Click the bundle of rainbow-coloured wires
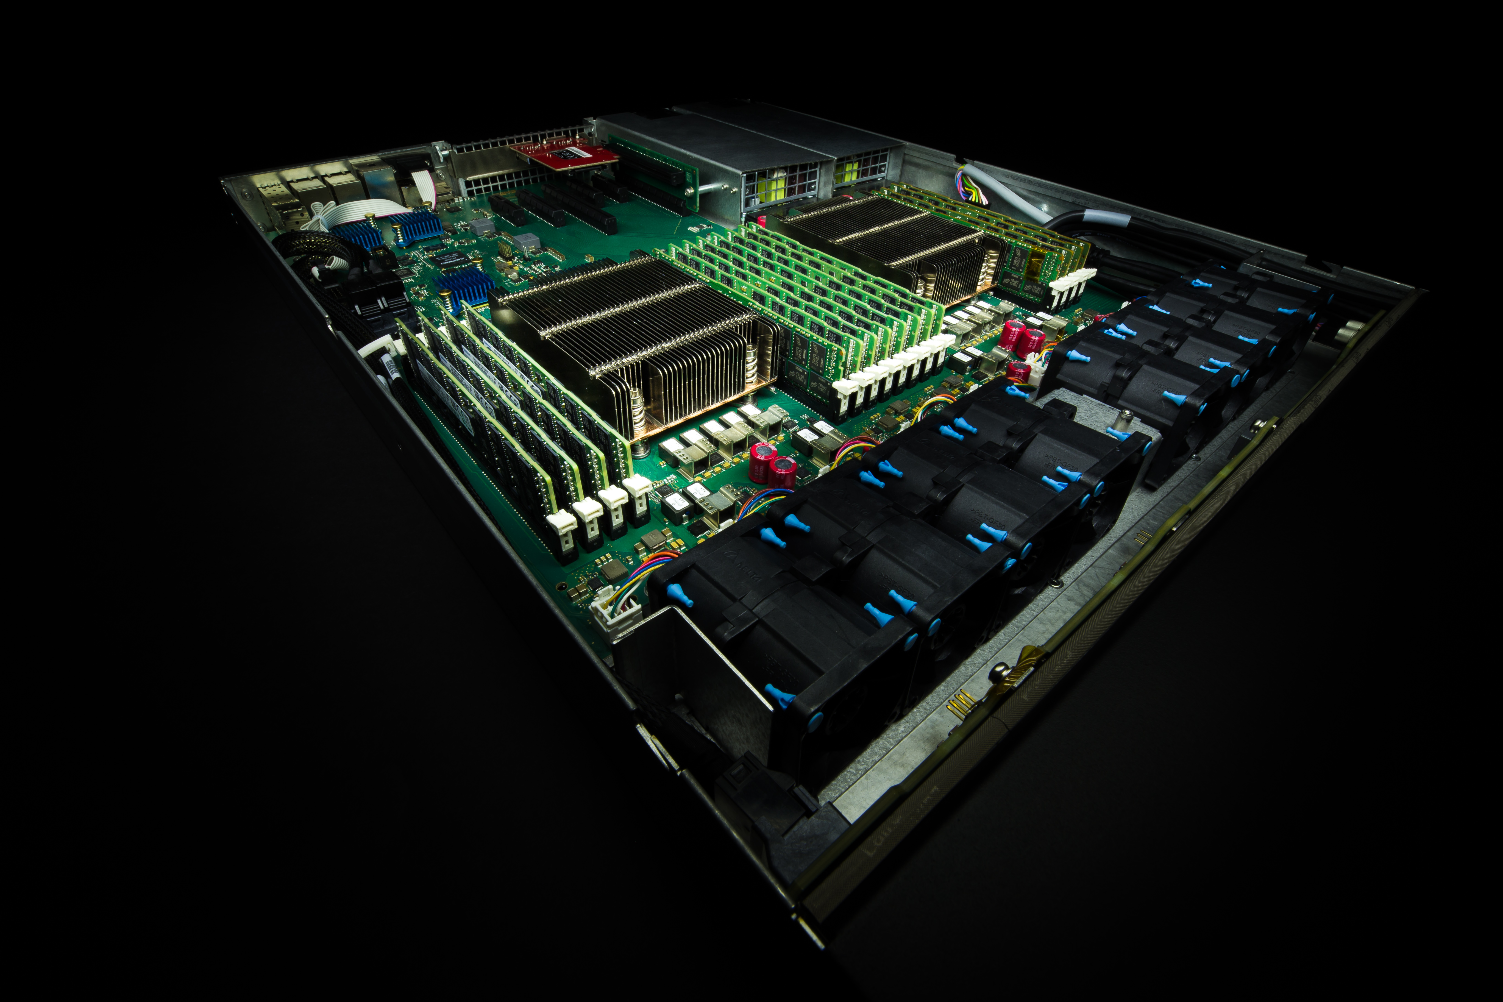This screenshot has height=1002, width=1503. (971, 185)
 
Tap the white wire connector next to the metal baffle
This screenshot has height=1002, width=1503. (617, 617)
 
